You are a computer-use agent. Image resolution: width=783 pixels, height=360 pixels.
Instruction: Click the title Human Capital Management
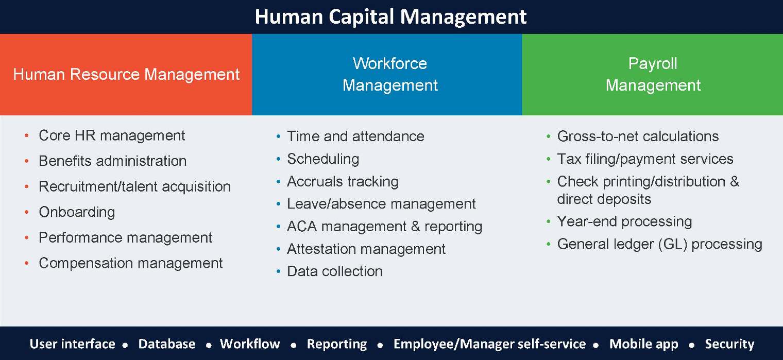coord(390,17)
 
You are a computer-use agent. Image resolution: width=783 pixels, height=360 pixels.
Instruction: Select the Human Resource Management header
coord(126,74)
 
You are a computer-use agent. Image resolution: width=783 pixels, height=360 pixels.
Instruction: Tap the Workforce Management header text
coord(390,74)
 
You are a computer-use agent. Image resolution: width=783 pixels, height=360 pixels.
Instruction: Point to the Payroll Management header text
coord(653,74)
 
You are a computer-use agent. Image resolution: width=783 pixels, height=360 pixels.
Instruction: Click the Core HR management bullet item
coord(112,136)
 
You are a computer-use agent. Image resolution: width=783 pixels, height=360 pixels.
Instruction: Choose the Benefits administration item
coord(112,161)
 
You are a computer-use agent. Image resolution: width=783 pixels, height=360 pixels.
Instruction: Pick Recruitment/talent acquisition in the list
coord(134,186)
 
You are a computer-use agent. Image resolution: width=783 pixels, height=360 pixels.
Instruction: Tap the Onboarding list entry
coord(77,212)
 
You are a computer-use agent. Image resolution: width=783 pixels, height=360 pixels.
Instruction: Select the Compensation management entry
coord(131,263)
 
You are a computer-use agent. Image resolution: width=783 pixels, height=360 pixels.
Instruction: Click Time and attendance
coord(355,136)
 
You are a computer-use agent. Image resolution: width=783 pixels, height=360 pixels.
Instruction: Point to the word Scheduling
coord(323,159)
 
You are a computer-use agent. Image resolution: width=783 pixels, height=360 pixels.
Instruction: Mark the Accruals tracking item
coord(343,182)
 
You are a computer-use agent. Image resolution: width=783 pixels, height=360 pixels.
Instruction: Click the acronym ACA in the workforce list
coord(301,227)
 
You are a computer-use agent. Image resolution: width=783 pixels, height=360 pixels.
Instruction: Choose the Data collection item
coord(335,271)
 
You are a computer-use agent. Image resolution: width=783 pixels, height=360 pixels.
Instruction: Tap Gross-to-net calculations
coord(638,136)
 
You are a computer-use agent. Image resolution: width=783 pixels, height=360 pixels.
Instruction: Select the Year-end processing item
coord(625,221)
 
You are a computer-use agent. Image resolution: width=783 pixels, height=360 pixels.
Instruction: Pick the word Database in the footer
coord(167,344)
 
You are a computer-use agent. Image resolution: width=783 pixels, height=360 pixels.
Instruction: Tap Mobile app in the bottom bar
coord(643,344)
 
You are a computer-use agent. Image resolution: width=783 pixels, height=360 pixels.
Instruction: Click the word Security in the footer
coord(729,344)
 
